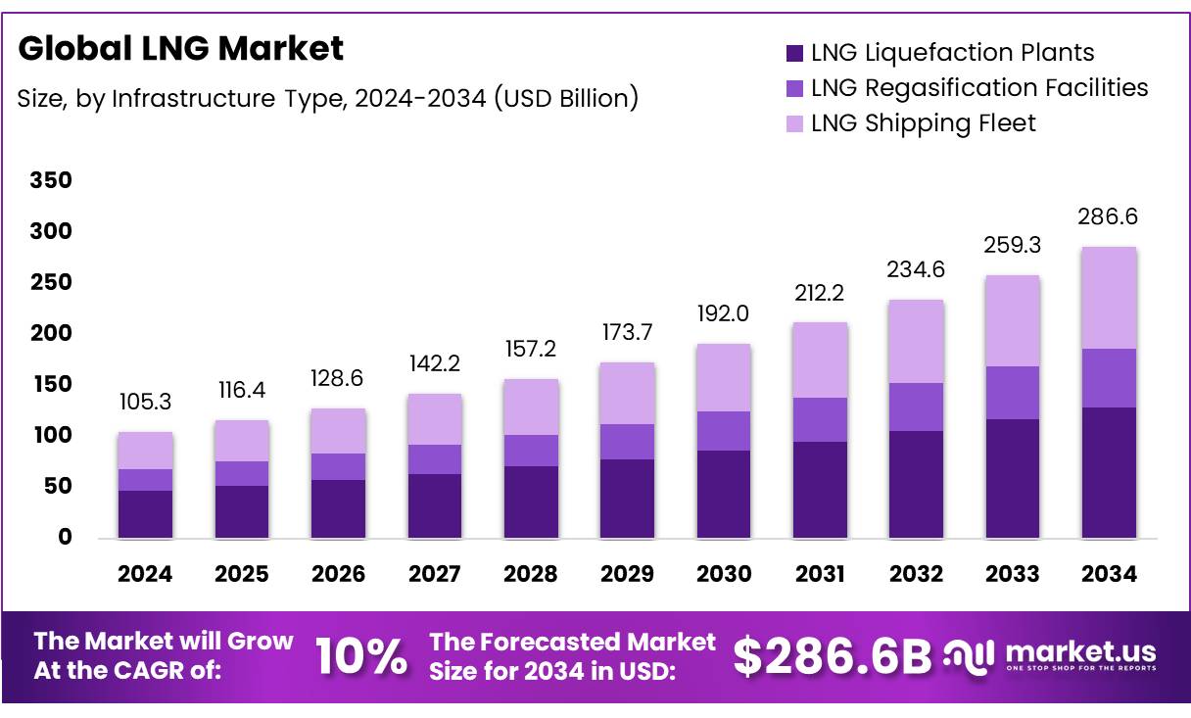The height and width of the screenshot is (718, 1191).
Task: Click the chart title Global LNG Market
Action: (x=181, y=48)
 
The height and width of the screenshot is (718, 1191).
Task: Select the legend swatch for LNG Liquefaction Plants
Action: (x=794, y=53)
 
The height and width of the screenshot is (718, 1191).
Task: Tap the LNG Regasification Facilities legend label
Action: (x=979, y=88)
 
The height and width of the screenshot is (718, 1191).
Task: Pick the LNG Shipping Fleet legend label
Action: (x=924, y=123)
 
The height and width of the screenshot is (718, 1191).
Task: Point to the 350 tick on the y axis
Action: (x=51, y=180)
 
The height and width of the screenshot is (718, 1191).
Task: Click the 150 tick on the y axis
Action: (x=51, y=384)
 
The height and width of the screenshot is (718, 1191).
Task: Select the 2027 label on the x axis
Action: (x=434, y=575)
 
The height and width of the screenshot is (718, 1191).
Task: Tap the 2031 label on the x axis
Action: (x=819, y=575)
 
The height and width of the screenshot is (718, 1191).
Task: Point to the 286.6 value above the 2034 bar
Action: (x=1109, y=217)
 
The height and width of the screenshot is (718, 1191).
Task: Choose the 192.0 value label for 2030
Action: (x=724, y=314)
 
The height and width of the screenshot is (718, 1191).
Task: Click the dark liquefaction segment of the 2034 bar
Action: (x=1109, y=472)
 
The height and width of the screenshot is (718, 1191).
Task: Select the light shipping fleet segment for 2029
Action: (x=627, y=394)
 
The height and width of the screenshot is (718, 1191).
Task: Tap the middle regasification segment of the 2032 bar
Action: (x=916, y=407)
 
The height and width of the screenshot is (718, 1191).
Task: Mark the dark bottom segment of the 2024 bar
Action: (x=145, y=513)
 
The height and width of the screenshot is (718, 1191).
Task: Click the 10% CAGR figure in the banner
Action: (x=360, y=657)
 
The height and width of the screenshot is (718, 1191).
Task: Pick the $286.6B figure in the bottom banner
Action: (x=832, y=656)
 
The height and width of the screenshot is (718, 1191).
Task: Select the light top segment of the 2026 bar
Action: (x=338, y=431)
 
